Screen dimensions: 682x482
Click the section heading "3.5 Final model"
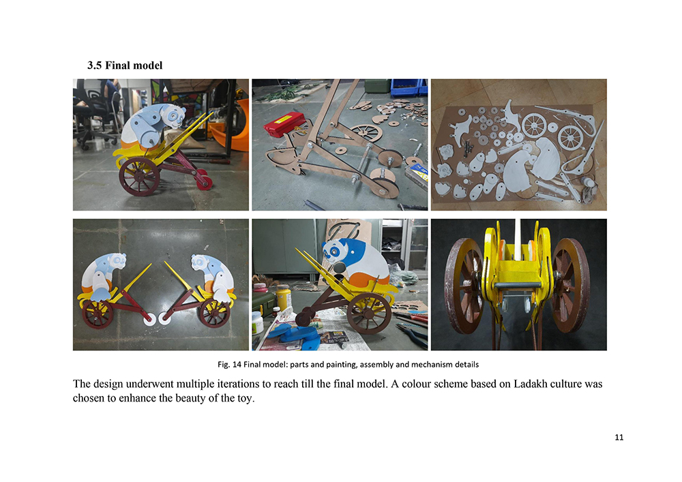coord(125,65)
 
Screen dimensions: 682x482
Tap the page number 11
coord(619,437)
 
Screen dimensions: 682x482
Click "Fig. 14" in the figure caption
coord(229,364)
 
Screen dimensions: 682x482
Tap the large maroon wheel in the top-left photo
coord(139,177)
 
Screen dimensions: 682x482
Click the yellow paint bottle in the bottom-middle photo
coord(283,297)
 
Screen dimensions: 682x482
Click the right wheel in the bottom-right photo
coord(570,285)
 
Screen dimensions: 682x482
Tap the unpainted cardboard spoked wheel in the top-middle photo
coord(366,132)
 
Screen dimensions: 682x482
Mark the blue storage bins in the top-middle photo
coord(409,87)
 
